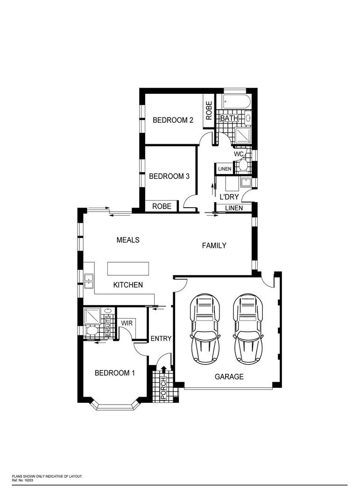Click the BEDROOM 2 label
173,120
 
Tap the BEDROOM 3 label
169,176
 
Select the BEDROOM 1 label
115,373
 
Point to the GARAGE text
229,377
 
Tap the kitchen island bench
128,269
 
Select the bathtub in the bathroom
237,102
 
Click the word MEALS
128,240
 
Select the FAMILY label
214,245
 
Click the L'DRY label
229,197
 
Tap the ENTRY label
161,339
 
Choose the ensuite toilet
92,330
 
